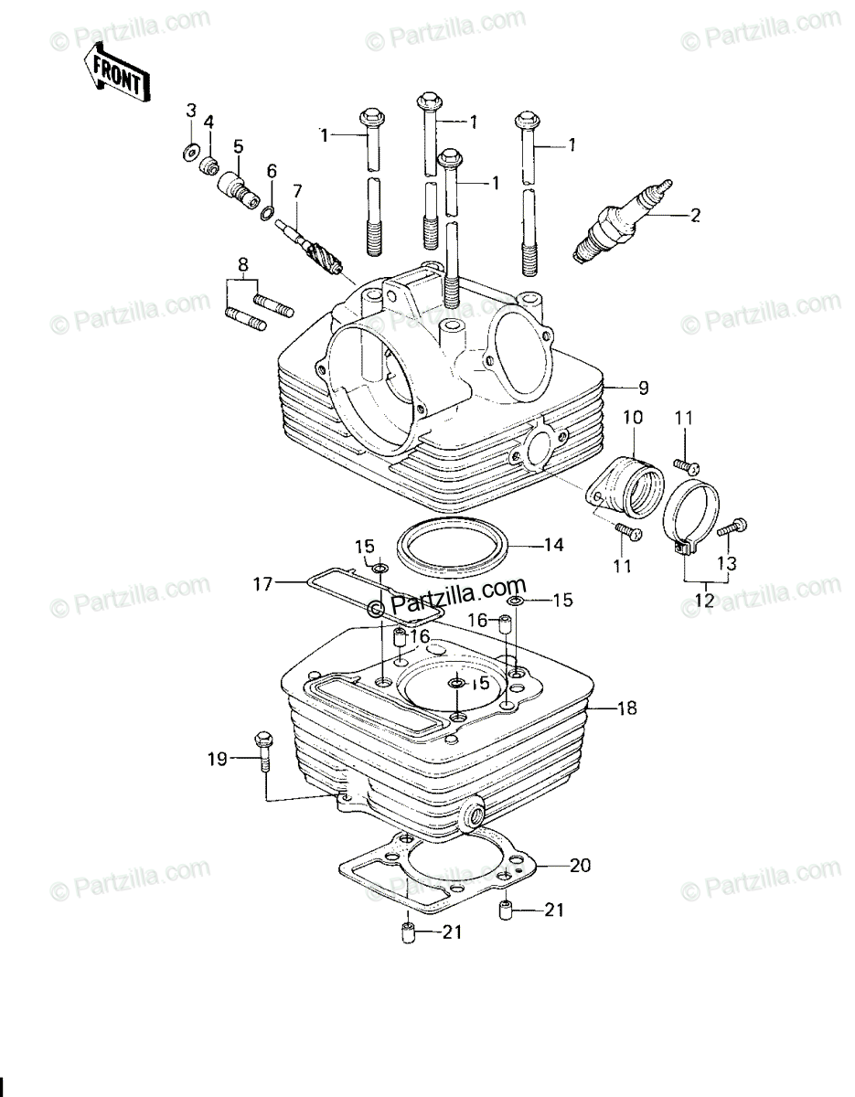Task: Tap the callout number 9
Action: (x=643, y=389)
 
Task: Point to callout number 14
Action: (x=553, y=545)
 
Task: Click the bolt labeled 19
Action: (x=263, y=767)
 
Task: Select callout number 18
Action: (x=626, y=708)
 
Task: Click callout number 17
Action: (x=263, y=584)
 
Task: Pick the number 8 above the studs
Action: (x=243, y=265)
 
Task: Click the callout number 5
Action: (x=238, y=146)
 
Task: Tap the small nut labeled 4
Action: (x=209, y=165)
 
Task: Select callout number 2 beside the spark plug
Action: (x=695, y=216)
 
